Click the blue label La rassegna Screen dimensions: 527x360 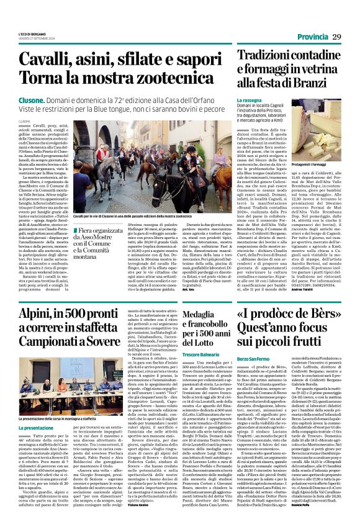(249, 100)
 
